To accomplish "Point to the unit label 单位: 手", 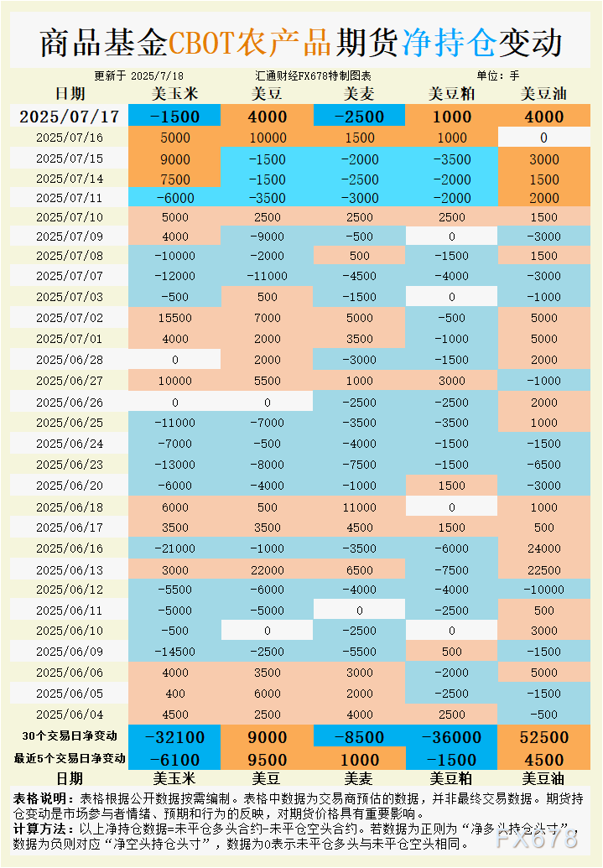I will pyautogui.click(x=498, y=75).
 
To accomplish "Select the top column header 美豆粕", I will pyautogui.click(x=451, y=94).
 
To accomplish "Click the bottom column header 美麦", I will pyautogui.click(x=360, y=778).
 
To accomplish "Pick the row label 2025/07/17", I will pyautogui.click(x=70, y=117).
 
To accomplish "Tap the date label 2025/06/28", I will pyautogui.click(x=70, y=359).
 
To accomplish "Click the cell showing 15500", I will pyautogui.click(x=175, y=318).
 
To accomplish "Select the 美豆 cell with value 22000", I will pyautogui.click(x=268, y=569).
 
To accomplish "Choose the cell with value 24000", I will pyautogui.click(x=543, y=548).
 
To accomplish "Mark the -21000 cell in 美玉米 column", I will pyautogui.click(x=175, y=548).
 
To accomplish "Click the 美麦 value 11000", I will pyautogui.click(x=360, y=507).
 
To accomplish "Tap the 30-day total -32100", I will pyautogui.click(x=175, y=737).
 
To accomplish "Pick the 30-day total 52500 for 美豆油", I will pyautogui.click(x=543, y=737).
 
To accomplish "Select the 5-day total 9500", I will pyautogui.click(x=268, y=760).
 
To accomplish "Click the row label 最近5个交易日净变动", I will pyautogui.click(x=70, y=759).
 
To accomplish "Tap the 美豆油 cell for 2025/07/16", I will pyautogui.click(x=543, y=138).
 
